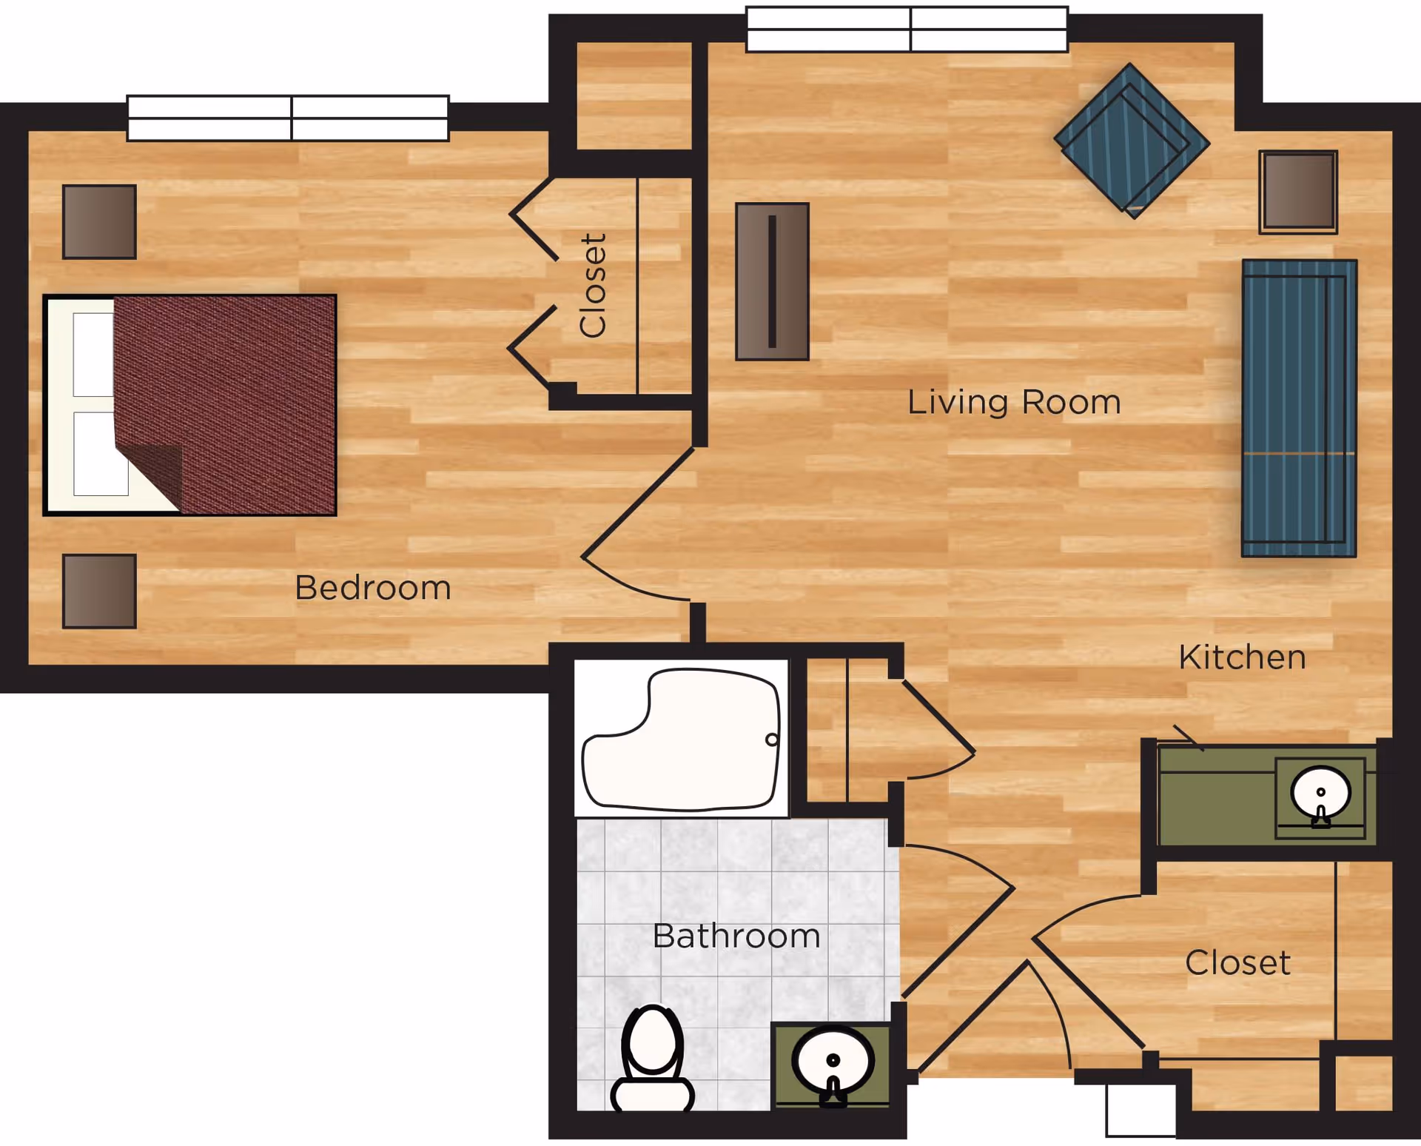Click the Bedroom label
(x=373, y=588)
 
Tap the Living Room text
(x=1014, y=402)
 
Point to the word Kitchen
(x=1242, y=657)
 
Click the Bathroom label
(x=736, y=936)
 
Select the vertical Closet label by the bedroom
(x=593, y=286)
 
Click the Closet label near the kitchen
(x=1237, y=962)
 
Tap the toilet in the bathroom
(x=652, y=1059)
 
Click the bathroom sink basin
(x=833, y=1061)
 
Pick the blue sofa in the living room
(x=1299, y=408)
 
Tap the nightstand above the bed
(x=99, y=221)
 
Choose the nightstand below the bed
(x=99, y=591)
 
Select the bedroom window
(x=288, y=118)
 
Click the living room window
(x=907, y=30)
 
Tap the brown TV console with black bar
(x=772, y=281)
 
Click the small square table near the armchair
(x=1297, y=192)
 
